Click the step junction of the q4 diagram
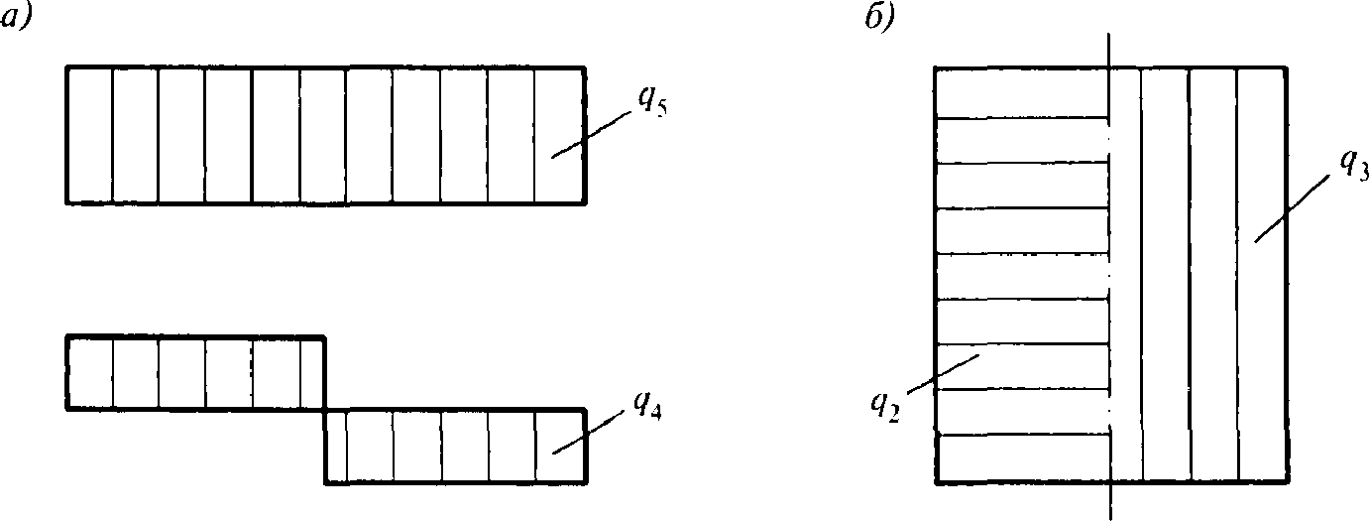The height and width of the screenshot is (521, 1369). [x=325, y=409]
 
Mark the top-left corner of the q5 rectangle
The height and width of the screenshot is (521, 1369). [x=67, y=66]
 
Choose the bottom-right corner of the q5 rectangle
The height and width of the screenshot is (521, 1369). [x=583, y=202]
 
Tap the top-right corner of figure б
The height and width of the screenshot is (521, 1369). [x=1288, y=67]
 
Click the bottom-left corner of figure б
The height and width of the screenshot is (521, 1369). [x=936, y=482]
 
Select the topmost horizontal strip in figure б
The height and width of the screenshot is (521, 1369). [x=1021, y=93]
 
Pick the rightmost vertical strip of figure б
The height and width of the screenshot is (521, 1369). [x=1262, y=275]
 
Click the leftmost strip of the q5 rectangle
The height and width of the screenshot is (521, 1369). [x=90, y=134]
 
